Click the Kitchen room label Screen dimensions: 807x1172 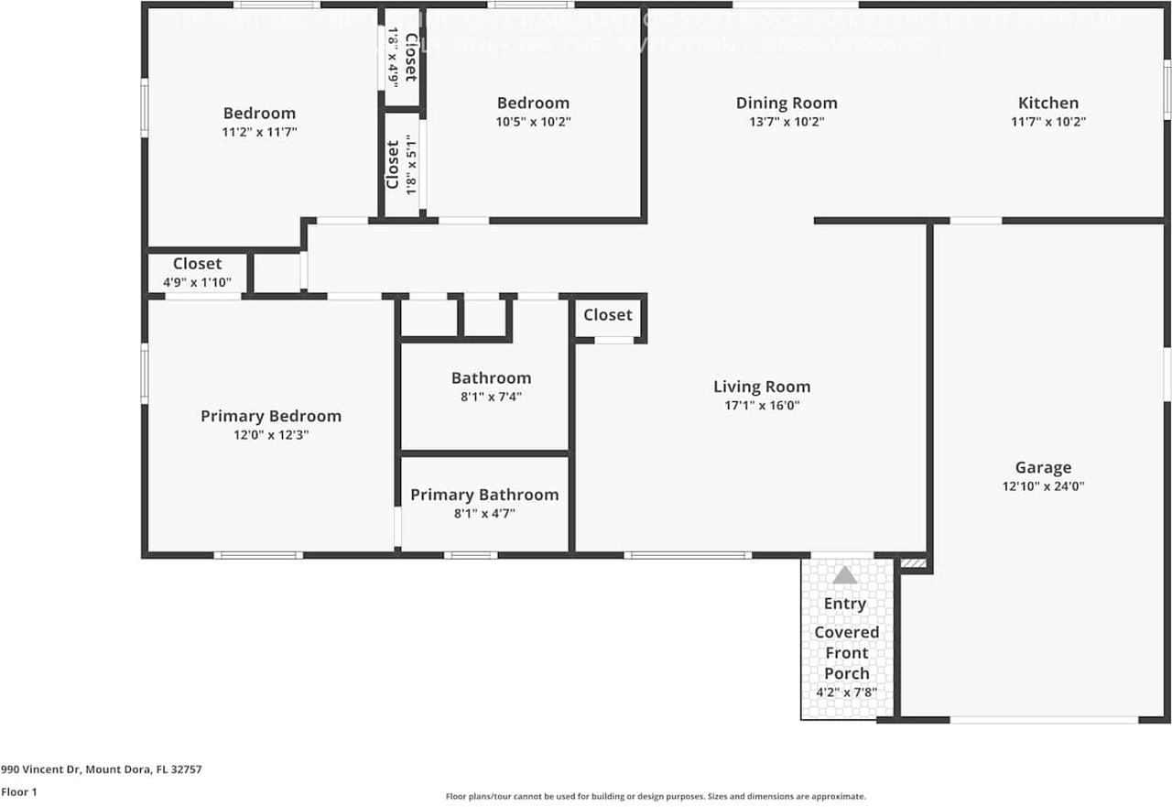pyautogui.click(x=1048, y=104)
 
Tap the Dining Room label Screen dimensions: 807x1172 pyautogui.click(x=787, y=104)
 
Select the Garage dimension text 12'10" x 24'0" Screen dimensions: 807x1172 pyautogui.click(x=1043, y=487)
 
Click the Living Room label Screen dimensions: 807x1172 pyautogui.click(x=762, y=387)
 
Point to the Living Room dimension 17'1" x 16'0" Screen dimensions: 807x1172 pyautogui.click(x=762, y=406)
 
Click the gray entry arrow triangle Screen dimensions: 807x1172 pyautogui.click(x=844, y=575)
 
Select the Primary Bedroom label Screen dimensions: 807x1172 pyautogui.click(x=271, y=417)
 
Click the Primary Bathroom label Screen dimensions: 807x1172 pyautogui.click(x=484, y=496)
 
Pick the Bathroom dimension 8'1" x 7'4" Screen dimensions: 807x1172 pyautogui.click(x=491, y=397)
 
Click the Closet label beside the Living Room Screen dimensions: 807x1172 pyautogui.click(x=608, y=315)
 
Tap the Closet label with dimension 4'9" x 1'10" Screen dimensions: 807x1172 pyautogui.click(x=197, y=265)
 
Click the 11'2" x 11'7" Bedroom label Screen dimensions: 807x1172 pyautogui.click(x=259, y=114)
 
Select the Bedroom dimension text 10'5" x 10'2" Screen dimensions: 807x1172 pyautogui.click(x=533, y=122)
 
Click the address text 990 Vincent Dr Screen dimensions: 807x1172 pyautogui.click(x=101, y=770)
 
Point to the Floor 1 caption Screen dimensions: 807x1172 pyautogui.click(x=19, y=792)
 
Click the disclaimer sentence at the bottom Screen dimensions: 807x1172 pyautogui.click(x=655, y=797)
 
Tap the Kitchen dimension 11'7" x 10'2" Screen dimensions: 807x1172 pyautogui.click(x=1048, y=122)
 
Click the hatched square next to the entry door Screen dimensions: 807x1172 pyautogui.click(x=913, y=563)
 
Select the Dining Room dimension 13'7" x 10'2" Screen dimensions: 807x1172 pyautogui.click(x=787, y=122)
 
